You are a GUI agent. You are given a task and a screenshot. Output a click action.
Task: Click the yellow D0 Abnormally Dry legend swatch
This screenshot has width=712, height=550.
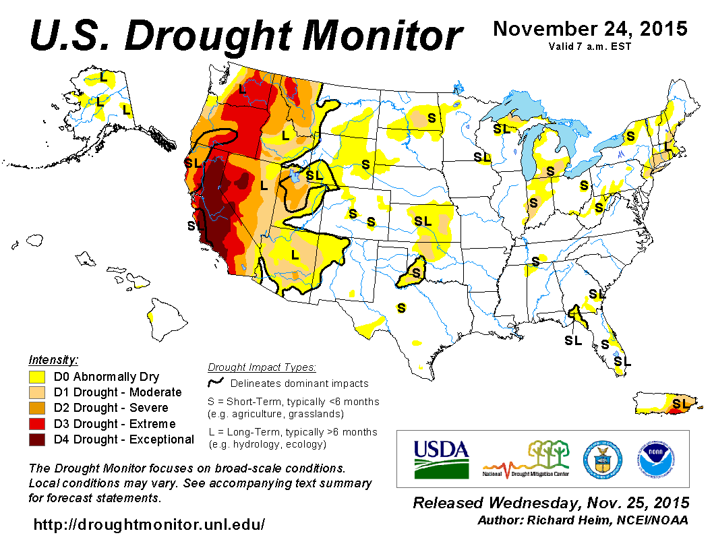click(36, 377)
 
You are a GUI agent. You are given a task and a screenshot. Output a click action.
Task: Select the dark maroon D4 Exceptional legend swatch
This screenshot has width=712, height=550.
click(36, 439)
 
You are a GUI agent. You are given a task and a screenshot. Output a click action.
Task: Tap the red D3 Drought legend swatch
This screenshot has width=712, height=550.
click(36, 424)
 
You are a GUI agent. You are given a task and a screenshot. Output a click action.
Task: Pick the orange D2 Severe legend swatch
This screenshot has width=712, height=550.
click(36, 408)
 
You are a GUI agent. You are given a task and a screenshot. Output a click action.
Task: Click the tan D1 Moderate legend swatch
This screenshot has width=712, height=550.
click(36, 392)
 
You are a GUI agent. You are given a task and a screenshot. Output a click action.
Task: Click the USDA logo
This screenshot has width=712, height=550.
click(440, 458)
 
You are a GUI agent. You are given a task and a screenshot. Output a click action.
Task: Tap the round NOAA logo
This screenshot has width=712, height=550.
click(654, 458)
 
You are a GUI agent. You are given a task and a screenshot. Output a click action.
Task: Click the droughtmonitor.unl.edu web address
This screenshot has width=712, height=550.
click(149, 524)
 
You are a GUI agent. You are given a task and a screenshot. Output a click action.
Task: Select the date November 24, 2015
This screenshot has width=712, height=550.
click(590, 30)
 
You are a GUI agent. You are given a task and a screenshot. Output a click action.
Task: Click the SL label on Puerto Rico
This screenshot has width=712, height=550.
click(682, 403)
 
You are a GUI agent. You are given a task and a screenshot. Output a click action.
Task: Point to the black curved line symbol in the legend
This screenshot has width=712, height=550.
click(216, 382)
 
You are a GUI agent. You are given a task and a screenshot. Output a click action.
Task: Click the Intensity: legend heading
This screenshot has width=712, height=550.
click(54, 360)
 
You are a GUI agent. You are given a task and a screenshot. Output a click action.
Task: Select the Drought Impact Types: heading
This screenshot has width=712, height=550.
click(262, 367)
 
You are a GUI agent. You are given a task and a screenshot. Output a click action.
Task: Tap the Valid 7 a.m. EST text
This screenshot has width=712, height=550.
click(590, 47)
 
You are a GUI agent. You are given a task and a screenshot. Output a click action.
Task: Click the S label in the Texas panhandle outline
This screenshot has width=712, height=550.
click(416, 273)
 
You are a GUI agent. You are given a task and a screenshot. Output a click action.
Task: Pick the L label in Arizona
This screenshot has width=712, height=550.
click(295, 255)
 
